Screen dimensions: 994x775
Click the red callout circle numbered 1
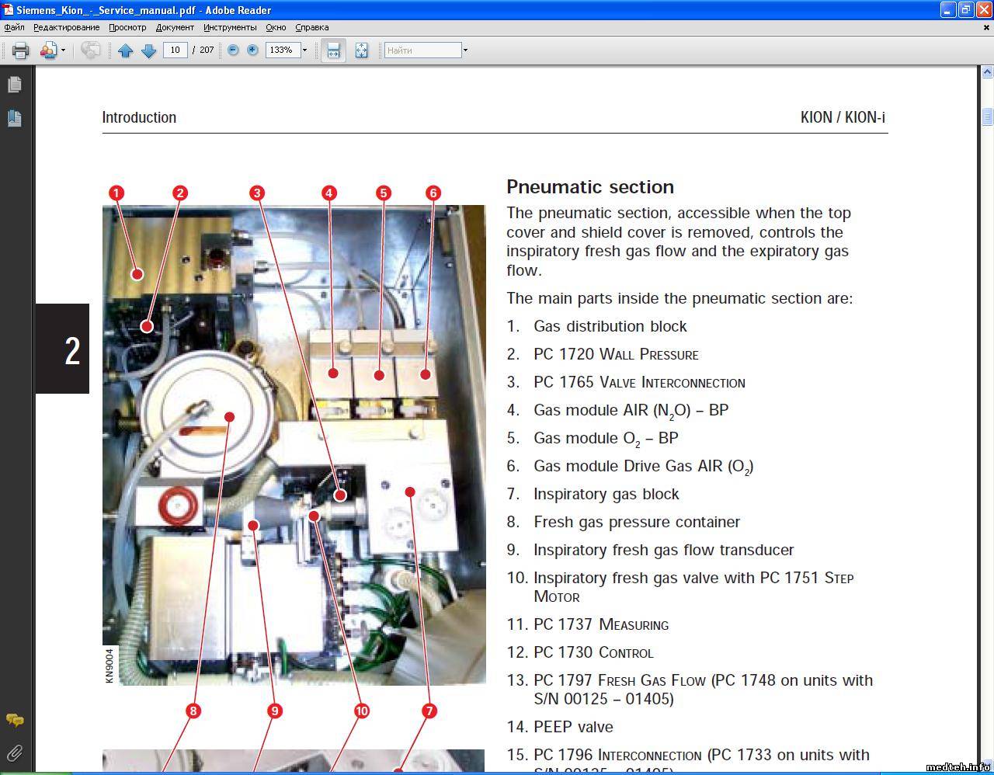[116, 193]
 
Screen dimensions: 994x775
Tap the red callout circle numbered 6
[433, 193]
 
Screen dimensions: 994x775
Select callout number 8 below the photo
[193, 711]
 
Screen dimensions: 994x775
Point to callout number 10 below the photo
[362, 711]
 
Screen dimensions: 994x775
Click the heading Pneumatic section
[590, 187]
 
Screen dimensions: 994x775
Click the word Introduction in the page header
[139, 117]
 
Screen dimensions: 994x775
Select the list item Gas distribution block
[610, 326]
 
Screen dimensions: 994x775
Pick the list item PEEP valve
[573, 727]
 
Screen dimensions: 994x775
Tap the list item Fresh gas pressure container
[636, 522]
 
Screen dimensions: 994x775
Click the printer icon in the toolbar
[20, 50]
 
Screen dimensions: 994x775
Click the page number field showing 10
[176, 50]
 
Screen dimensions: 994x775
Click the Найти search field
[422, 50]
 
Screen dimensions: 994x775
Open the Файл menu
[14, 27]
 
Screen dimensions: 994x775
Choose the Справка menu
[312, 27]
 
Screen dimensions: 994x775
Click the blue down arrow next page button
[149, 50]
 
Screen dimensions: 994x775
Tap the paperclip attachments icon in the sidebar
[15, 753]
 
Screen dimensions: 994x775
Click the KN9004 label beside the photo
[109, 666]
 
